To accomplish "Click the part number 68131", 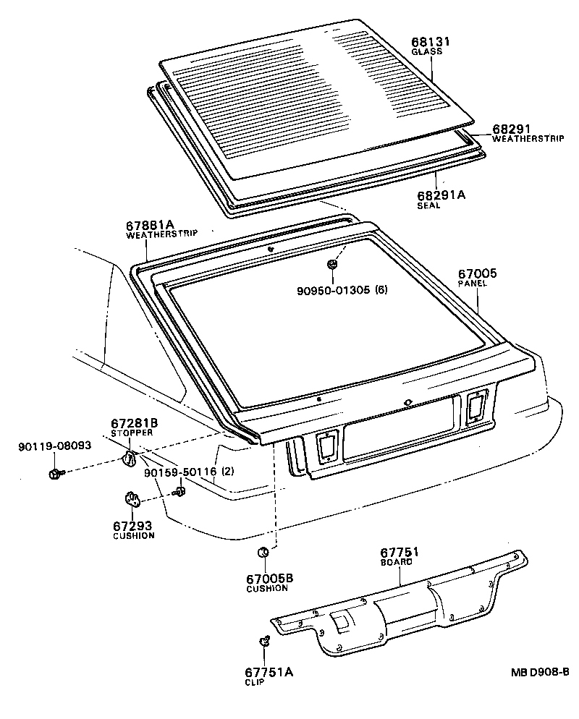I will click(x=431, y=42).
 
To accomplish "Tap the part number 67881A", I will click(x=151, y=225).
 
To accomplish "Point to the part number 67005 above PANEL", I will click(x=477, y=273).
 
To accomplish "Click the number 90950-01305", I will click(x=333, y=290).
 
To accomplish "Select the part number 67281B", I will click(x=135, y=422).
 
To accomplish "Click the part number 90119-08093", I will click(x=55, y=446).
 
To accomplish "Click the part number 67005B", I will click(x=268, y=578).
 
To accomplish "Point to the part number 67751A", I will click(x=269, y=672).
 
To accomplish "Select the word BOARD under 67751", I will click(x=397, y=562).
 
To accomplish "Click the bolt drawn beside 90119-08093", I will click(x=56, y=474).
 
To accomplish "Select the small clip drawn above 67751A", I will click(x=264, y=642).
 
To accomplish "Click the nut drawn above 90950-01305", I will click(x=331, y=265).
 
